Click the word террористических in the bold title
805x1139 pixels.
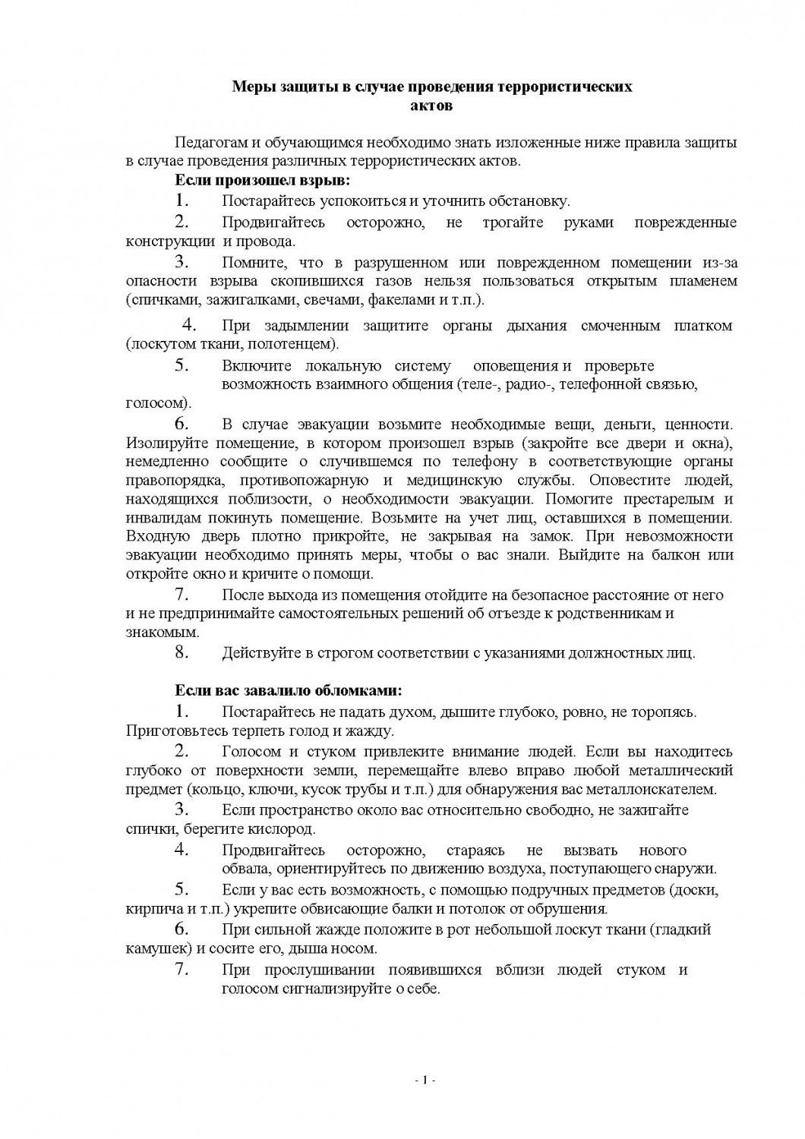564,87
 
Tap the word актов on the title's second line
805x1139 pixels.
431,105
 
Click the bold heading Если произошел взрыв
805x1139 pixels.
263,181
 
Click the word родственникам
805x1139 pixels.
608,614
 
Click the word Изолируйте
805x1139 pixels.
161,443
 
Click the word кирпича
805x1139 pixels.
150,909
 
